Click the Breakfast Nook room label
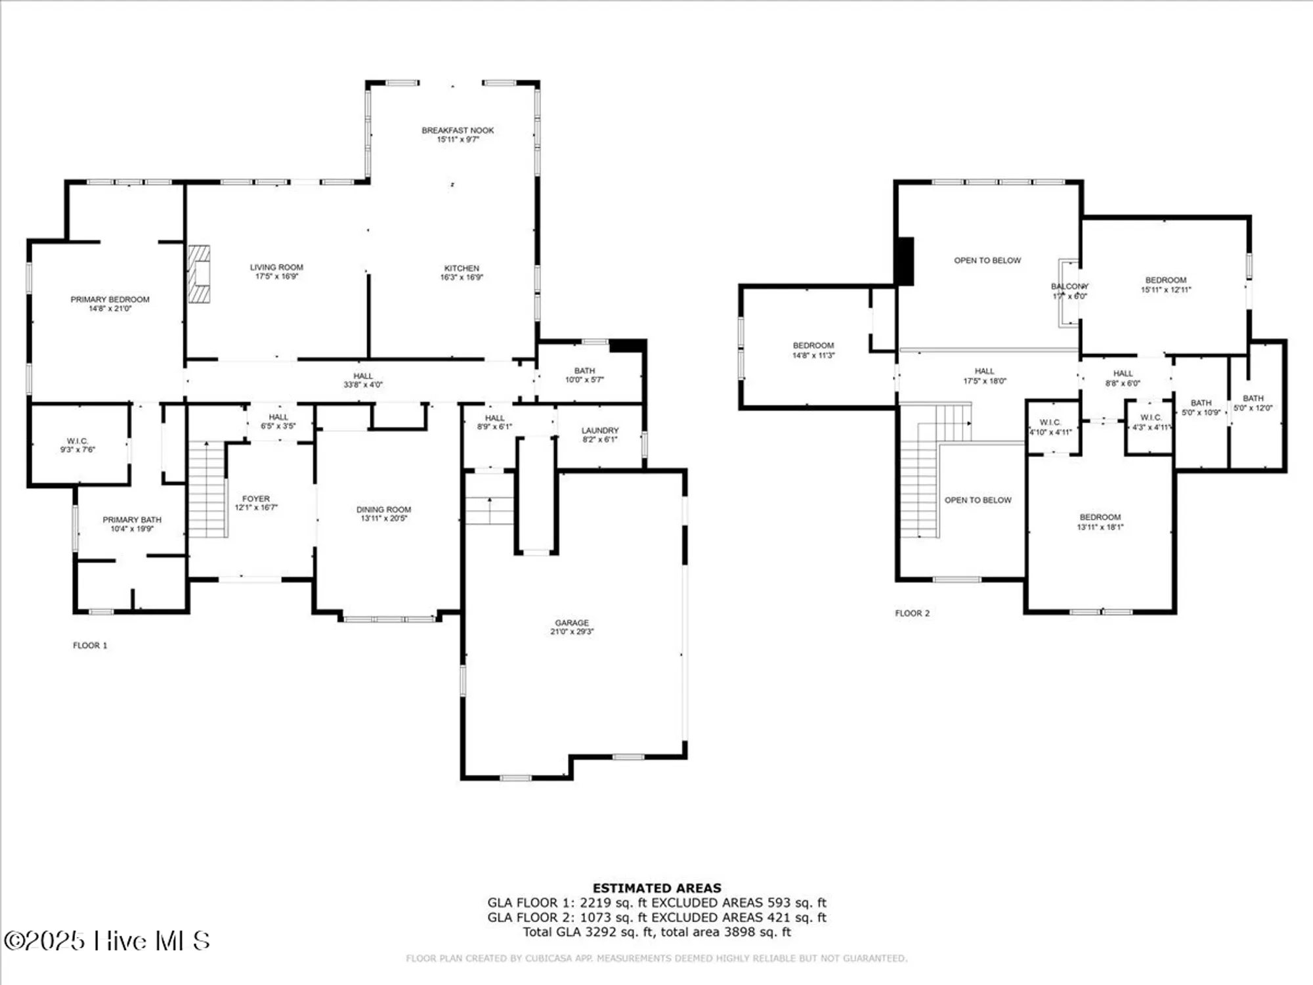click(458, 131)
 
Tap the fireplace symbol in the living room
click(200, 274)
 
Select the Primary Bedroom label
click(110, 299)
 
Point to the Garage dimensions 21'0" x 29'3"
click(572, 632)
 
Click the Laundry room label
click(600, 431)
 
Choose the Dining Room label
click(384, 510)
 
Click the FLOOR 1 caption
click(90, 646)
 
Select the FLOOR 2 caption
click(913, 613)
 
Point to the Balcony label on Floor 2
click(1069, 286)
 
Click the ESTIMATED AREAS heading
click(656, 888)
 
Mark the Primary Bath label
click(132, 520)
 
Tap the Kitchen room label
click(462, 269)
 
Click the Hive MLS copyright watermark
click(107, 941)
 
